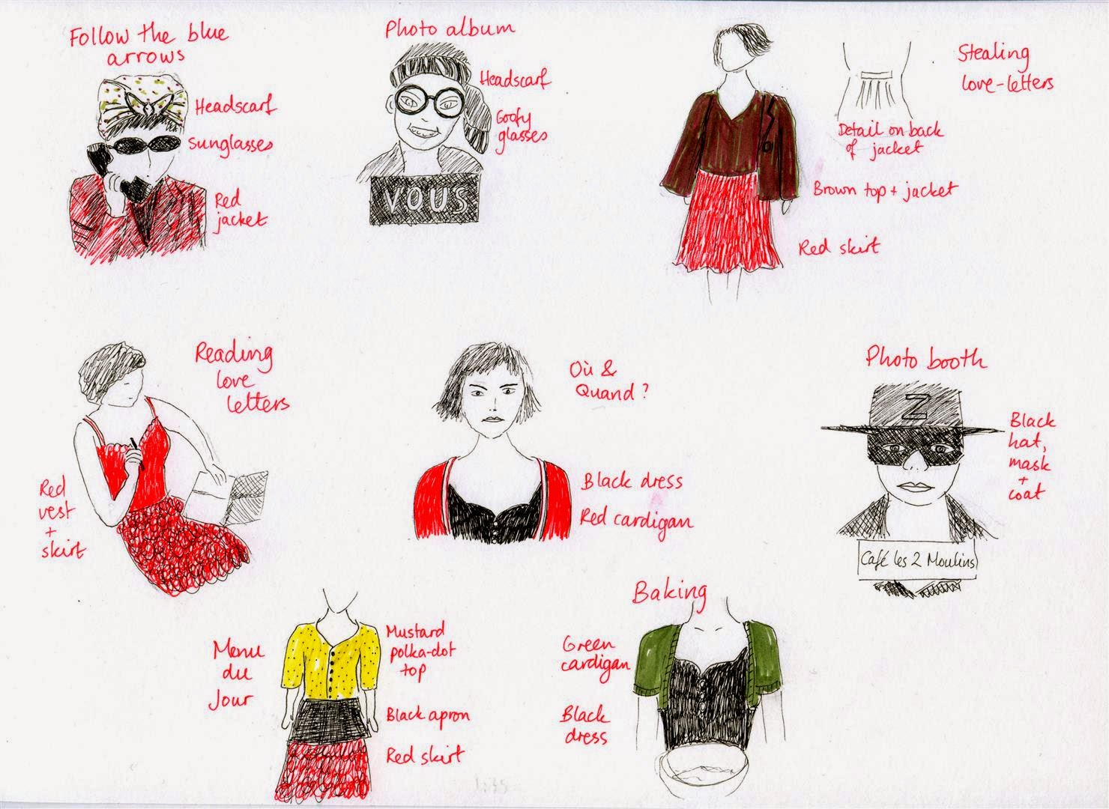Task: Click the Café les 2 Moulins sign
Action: [x=917, y=561]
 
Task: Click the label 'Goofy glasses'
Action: [x=522, y=127]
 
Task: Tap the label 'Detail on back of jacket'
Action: [x=889, y=140]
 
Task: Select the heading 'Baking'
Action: [x=669, y=594]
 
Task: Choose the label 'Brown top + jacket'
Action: [x=885, y=190]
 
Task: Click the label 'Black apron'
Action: [x=428, y=715]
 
